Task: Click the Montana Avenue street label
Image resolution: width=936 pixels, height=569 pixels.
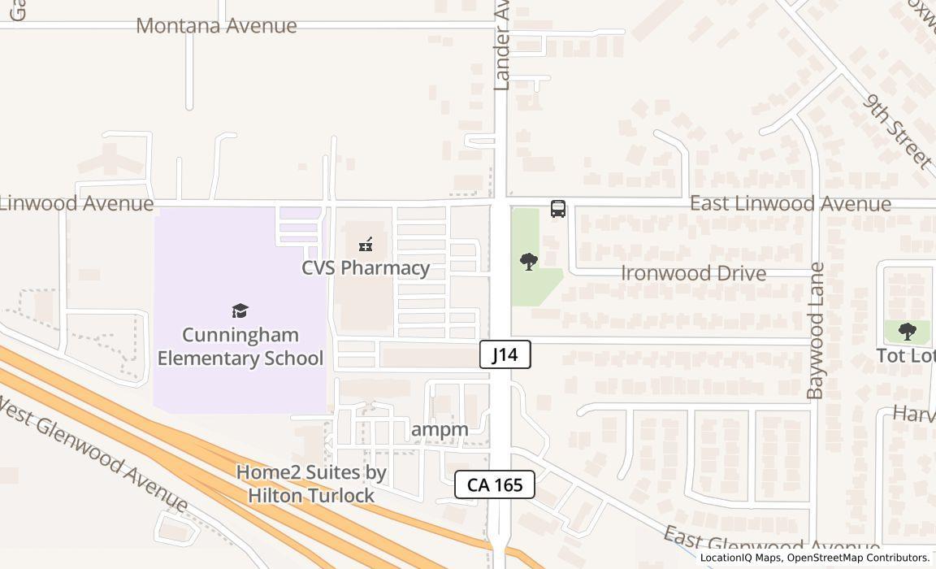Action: pos(216,26)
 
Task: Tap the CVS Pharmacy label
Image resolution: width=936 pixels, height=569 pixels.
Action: pos(366,267)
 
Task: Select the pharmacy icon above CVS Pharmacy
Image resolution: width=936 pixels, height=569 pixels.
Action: pos(366,244)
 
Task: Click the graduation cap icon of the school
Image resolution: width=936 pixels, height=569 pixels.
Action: pos(240,311)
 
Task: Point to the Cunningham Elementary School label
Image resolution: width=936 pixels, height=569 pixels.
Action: pos(240,346)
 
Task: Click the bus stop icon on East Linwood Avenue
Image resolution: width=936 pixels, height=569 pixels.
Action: pos(558,209)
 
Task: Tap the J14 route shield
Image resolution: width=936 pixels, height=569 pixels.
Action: pos(505,354)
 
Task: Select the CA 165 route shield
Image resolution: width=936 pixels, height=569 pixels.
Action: pos(494,484)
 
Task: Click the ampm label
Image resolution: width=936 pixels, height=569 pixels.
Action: pos(440,429)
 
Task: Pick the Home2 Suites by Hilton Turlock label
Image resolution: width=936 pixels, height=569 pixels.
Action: pos(311,484)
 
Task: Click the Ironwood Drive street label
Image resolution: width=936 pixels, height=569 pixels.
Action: pos(693,273)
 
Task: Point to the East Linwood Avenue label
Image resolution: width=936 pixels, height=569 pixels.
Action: pos(790,203)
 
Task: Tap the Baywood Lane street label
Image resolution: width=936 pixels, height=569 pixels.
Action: pos(816,330)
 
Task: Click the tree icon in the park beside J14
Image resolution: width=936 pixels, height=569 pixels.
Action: pos(529,262)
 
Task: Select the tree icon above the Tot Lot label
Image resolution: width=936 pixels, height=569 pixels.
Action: pos(908,331)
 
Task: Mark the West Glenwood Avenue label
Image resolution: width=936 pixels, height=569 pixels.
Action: pos(93,453)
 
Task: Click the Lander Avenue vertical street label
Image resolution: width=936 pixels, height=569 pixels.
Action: pos(501,45)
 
